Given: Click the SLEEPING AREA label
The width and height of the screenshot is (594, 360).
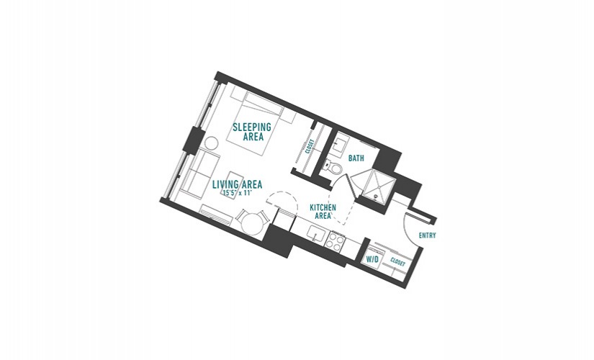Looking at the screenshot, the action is click(252, 132).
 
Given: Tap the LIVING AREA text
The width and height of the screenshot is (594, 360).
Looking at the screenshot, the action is click(237, 184).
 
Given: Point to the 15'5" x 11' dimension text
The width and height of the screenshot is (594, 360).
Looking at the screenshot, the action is click(237, 193).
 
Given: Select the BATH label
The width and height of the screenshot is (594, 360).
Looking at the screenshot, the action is click(356, 158).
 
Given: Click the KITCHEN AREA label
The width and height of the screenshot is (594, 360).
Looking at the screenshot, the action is click(323, 212).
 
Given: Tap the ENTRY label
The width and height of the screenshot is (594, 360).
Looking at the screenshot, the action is click(427, 235).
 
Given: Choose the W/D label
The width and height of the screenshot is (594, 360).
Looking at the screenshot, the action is click(372, 260).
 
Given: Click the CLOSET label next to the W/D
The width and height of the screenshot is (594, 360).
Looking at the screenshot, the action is click(397, 262).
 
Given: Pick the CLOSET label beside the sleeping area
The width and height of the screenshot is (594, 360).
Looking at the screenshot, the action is click(310, 146).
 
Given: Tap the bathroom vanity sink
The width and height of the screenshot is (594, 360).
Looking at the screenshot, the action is click(341, 145).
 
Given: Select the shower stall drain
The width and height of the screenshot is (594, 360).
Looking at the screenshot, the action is click(375, 196).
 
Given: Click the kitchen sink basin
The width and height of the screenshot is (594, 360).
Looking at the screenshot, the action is click(315, 233).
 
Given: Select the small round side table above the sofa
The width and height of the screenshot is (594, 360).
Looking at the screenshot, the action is click(211, 144).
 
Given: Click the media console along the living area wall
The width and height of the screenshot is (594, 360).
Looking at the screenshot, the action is click(216, 215).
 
